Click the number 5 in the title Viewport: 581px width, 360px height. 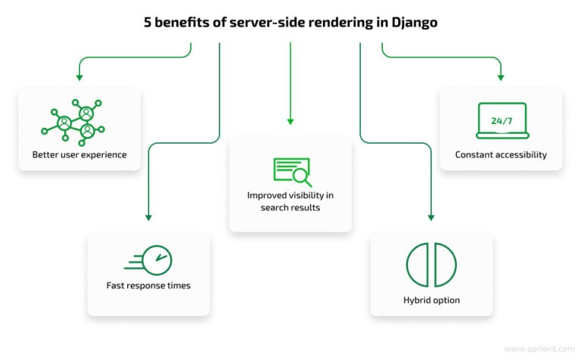(148, 23)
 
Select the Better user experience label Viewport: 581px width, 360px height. (79, 155)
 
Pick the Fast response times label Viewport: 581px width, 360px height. (148, 286)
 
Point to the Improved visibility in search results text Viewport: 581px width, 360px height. (290, 201)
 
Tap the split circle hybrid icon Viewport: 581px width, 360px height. (431, 265)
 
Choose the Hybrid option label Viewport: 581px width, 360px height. (431, 300)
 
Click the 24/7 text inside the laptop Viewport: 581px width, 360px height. (501, 119)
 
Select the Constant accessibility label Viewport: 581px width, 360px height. (501, 155)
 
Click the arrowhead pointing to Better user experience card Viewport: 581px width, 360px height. (79, 77)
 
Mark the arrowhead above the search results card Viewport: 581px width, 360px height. (290, 121)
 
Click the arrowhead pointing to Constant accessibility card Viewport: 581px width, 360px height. (501, 77)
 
